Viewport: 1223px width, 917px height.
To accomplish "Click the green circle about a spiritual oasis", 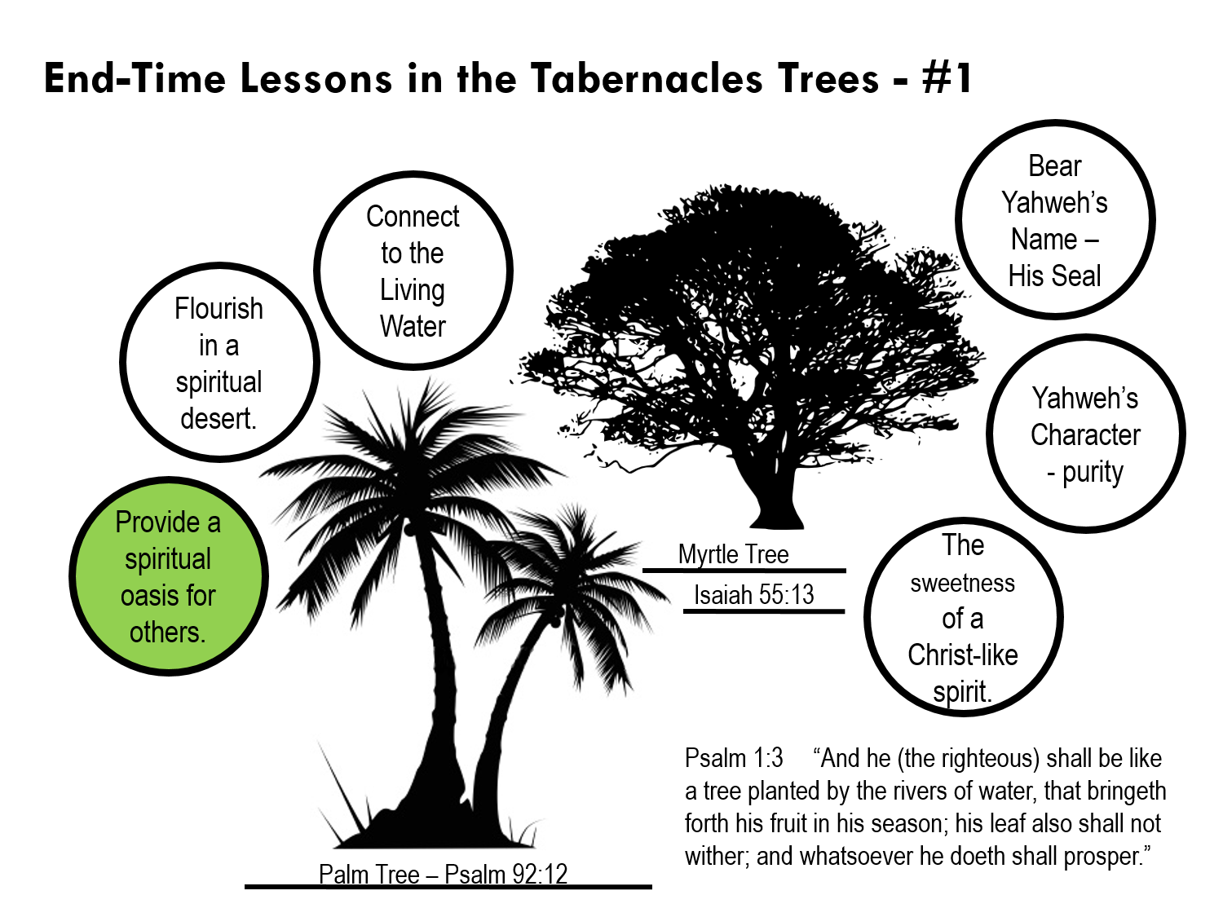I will click(169, 576).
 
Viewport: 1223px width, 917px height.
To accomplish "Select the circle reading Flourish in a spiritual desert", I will click(219, 363).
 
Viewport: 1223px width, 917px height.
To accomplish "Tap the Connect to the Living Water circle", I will click(413, 271).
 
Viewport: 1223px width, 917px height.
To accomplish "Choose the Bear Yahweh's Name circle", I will click(1055, 220).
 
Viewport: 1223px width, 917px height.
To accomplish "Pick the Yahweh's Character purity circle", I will click(1085, 434).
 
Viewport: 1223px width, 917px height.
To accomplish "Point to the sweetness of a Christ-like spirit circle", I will click(963, 617).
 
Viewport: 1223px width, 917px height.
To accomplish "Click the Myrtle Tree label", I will click(733, 554).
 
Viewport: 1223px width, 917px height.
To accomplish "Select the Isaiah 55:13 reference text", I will click(753, 595).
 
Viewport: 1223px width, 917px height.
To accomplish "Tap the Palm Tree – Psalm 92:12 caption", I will click(443, 874).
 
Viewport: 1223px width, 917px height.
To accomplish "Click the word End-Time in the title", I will click(135, 79).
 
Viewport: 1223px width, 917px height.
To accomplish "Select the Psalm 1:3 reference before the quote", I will click(734, 758).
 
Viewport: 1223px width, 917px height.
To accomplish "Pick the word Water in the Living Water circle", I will click(413, 326).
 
